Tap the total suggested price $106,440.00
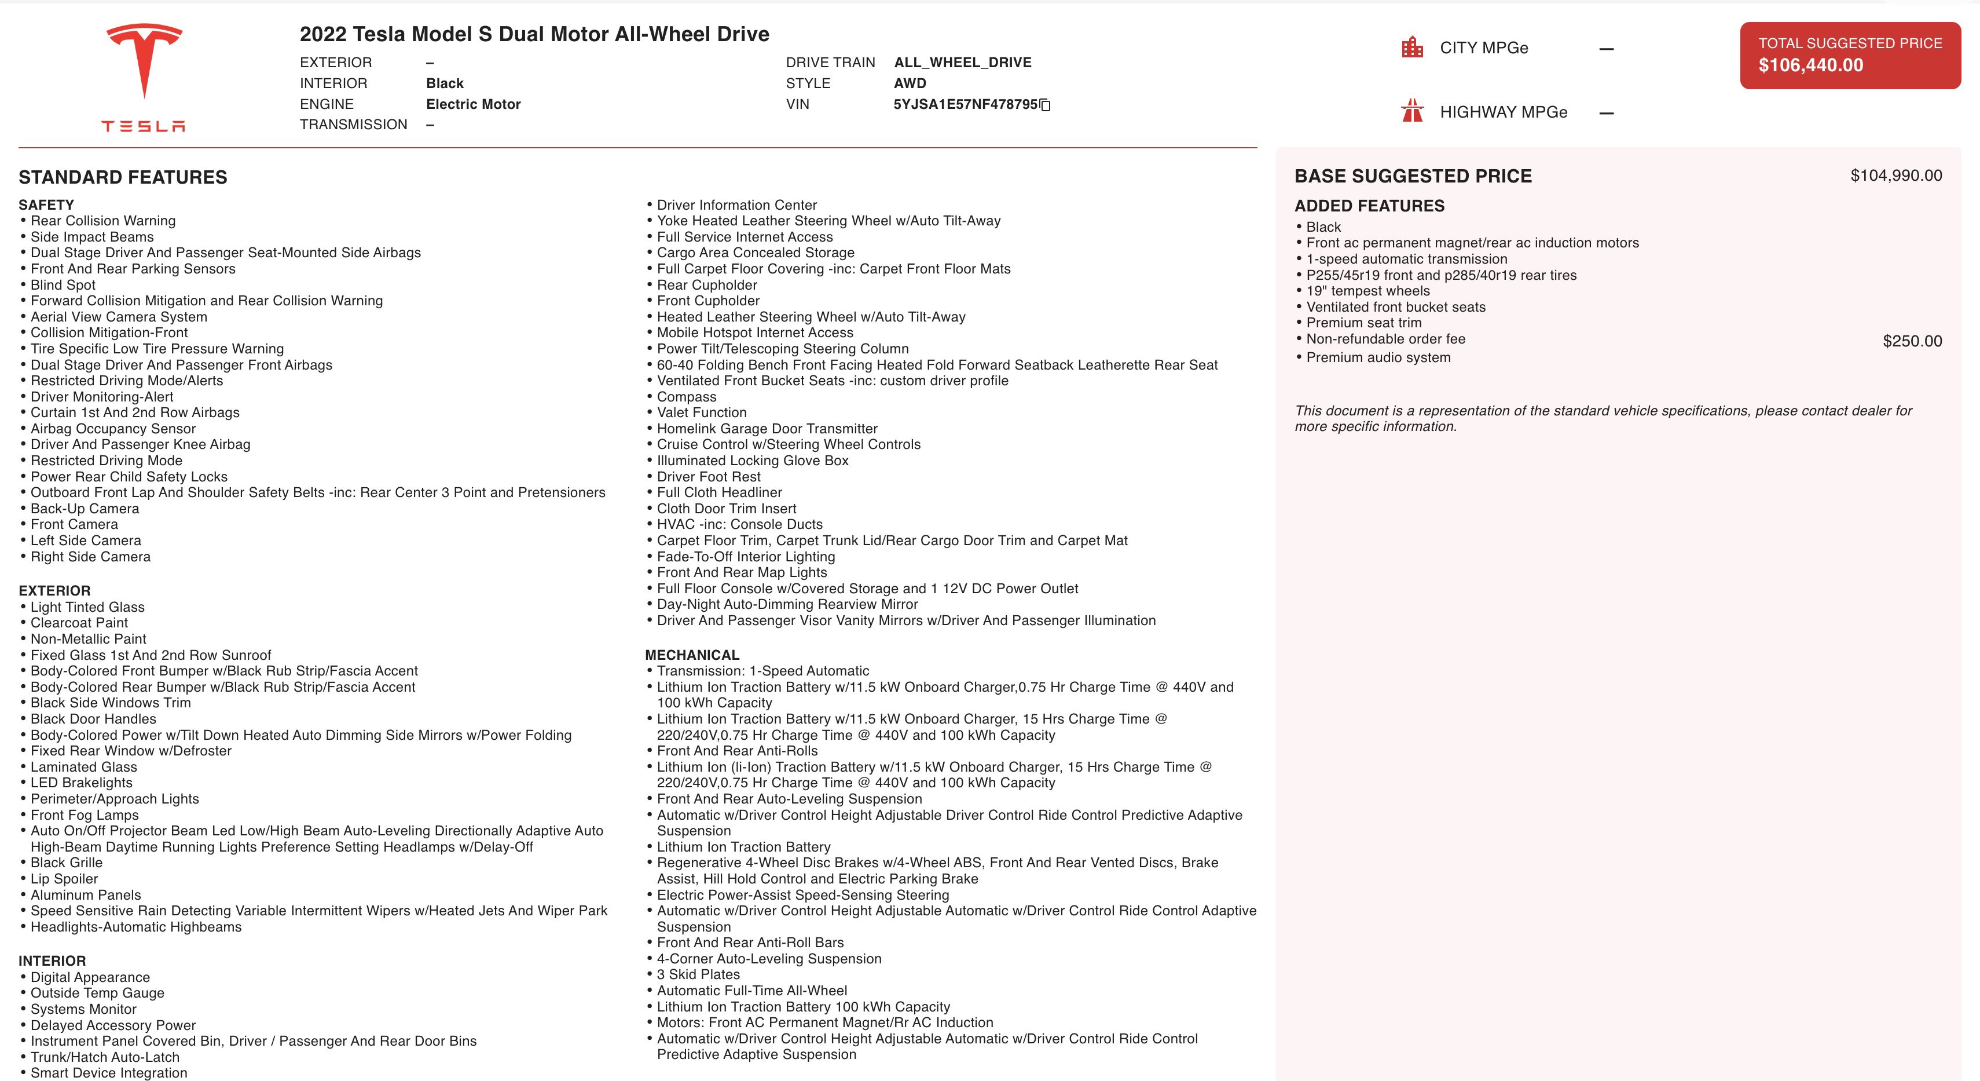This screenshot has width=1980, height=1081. pyautogui.click(x=1810, y=65)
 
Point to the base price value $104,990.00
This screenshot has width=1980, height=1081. pyautogui.click(x=1895, y=176)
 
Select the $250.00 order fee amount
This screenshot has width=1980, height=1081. pyautogui.click(x=1912, y=341)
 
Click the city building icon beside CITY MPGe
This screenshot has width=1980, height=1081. pyautogui.click(x=1412, y=48)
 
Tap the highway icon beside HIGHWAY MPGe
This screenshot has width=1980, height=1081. pyautogui.click(x=1412, y=111)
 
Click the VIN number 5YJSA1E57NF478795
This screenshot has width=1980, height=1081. pyautogui.click(x=965, y=104)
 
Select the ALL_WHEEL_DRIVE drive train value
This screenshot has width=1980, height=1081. pyautogui.click(x=962, y=63)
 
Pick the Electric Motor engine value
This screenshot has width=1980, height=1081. pyautogui.click(x=472, y=104)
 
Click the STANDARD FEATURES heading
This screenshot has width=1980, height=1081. pyautogui.click(x=123, y=178)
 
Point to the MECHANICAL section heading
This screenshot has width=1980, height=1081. pyautogui.click(x=692, y=655)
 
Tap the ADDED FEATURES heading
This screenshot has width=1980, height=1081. pyautogui.click(x=1369, y=206)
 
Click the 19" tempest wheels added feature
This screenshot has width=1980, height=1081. pyautogui.click(x=1367, y=291)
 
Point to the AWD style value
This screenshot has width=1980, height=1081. pyautogui.click(x=910, y=83)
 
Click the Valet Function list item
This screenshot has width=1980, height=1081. pyautogui.click(x=701, y=413)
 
